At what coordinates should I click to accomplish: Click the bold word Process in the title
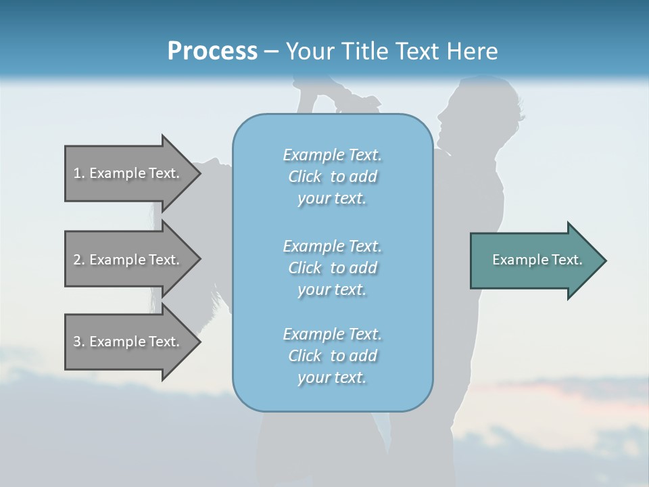212,51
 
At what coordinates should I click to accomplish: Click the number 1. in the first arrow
79,173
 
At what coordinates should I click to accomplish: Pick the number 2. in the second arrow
79,260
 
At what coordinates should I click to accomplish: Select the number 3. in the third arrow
79,342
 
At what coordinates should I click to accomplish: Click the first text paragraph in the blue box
333,177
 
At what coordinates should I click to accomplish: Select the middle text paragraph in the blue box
333,268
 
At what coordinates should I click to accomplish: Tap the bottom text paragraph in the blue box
333,356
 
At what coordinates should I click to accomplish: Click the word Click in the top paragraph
305,177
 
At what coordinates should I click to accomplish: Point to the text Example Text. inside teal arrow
537,260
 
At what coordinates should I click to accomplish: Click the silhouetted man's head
476,115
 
